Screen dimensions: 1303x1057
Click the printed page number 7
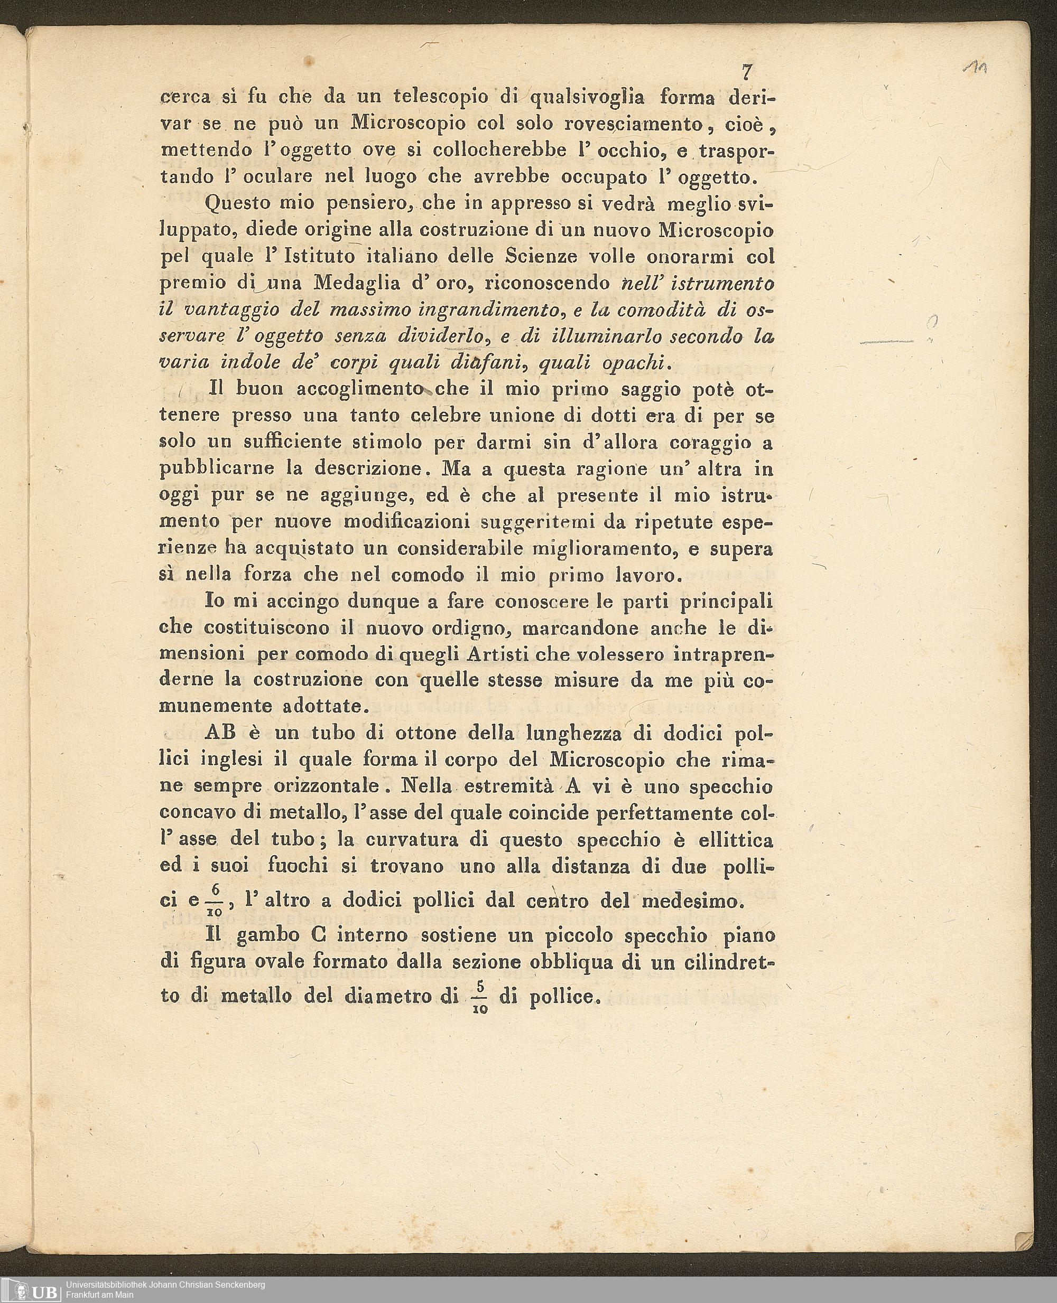746,72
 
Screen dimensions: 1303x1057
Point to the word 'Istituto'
317,256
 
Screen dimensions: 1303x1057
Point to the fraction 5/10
480,996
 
